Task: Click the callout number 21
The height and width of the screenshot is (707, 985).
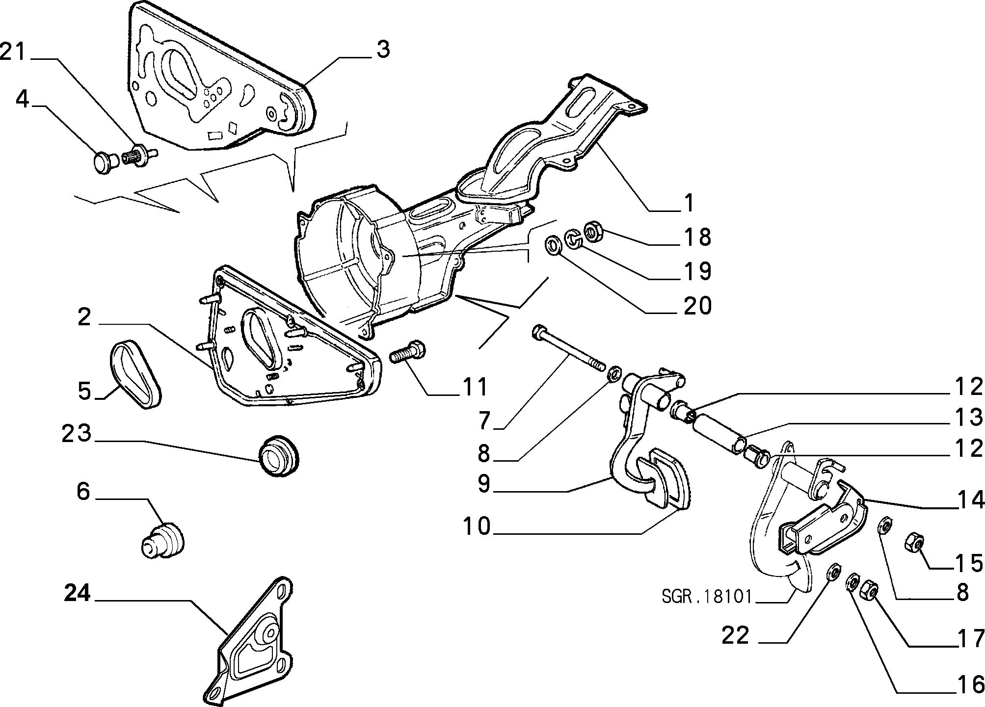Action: pyautogui.click(x=13, y=52)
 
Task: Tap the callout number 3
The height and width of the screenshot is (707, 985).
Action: pyautogui.click(x=383, y=50)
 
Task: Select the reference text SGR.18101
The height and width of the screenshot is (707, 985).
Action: pyautogui.click(x=707, y=597)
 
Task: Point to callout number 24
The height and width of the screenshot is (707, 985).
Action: pyautogui.click(x=78, y=594)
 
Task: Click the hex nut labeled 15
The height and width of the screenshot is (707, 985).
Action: pyautogui.click(x=914, y=543)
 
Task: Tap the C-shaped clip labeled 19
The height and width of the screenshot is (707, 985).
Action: pyautogui.click(x=573, y=237)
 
